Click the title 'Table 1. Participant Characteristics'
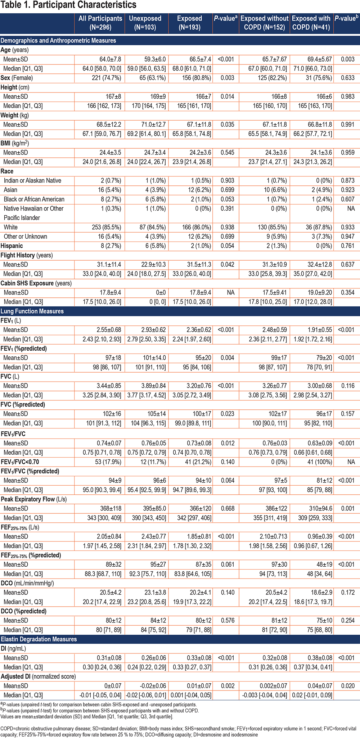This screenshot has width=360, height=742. point(68,5)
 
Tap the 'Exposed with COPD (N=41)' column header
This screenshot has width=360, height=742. point(311,23)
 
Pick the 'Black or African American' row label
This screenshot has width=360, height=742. point(34,199)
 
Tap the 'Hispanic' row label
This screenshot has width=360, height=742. point(12,246)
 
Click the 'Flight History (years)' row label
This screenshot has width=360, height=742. point(27,255)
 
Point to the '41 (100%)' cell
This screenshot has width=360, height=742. point(319,462)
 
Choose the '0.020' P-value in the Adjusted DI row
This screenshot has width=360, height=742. point(347,686)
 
